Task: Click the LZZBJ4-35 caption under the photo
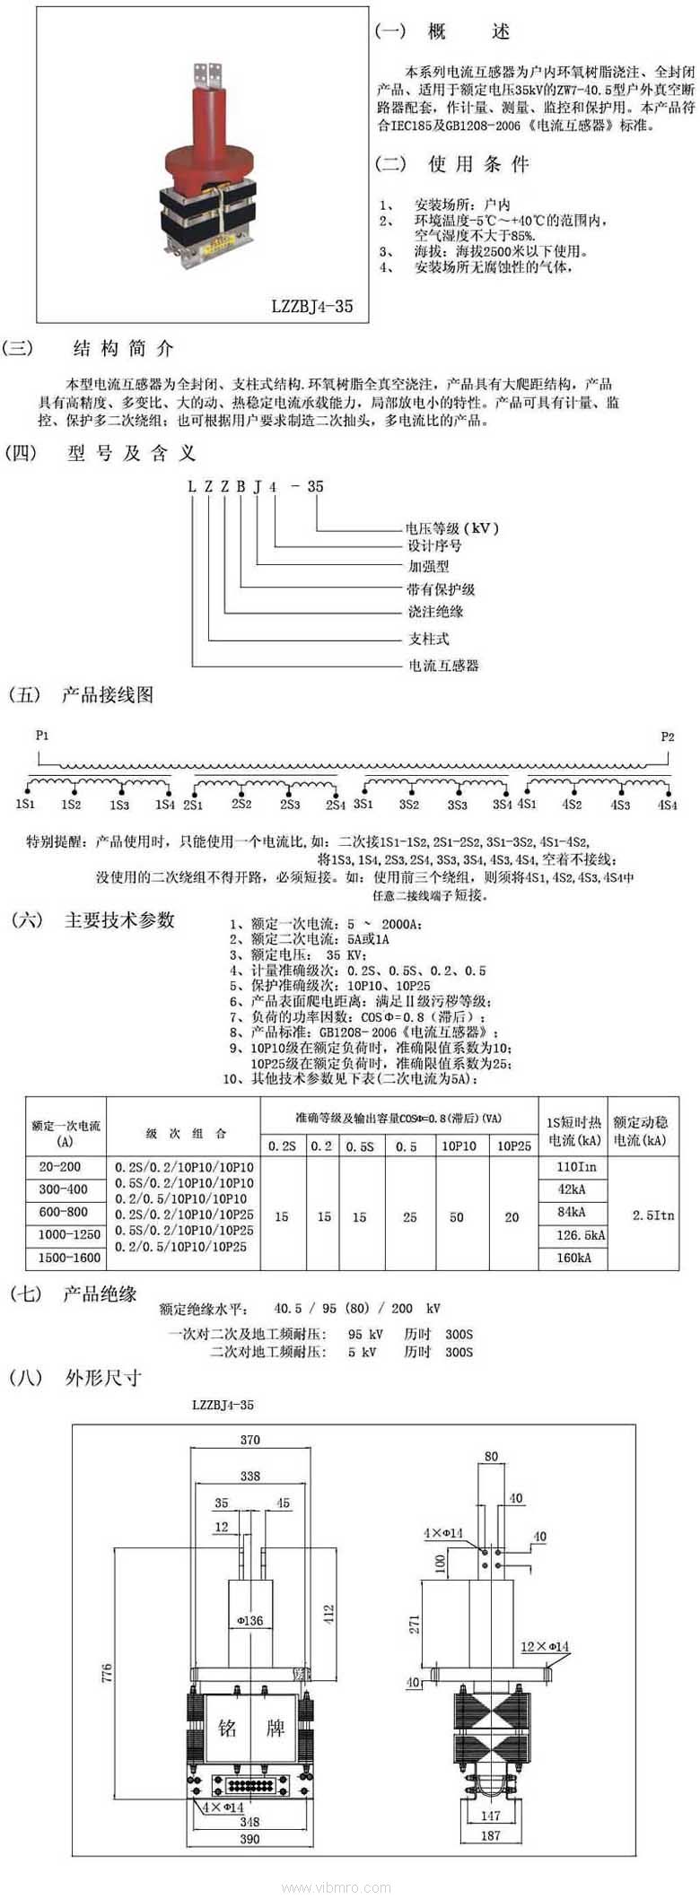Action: [x=312, y=307]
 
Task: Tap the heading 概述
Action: [x=467, y=32]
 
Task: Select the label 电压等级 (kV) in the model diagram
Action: [x=452, y=528]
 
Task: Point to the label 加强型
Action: [x=429, y=567]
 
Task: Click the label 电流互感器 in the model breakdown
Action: [x=444, y=666]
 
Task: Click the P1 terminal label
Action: [x=42, y=736]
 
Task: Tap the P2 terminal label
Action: [x=667, y=737]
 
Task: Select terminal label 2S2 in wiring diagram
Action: [x=241, y=805]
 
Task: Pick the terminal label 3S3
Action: [x=457, y=806]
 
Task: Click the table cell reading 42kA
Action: [x=572, y=1189]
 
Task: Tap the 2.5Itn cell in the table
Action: [x=652, y=1215]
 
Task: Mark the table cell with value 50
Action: [x=457, y=1217]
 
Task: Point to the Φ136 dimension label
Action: [x=250, y=1621]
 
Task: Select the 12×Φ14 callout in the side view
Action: [x=545, y=1647]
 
